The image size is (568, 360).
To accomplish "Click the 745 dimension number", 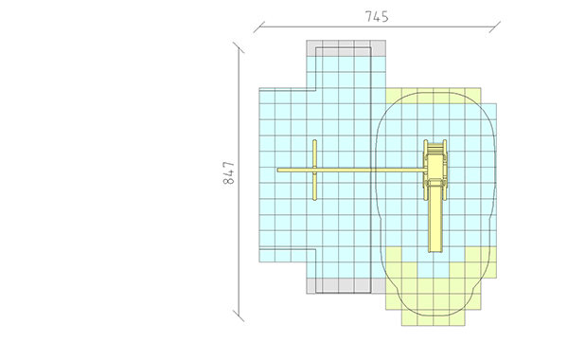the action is pyautogui.click(x=377, y=17).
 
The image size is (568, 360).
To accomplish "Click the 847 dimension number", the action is pyautogui.click(x=228, y=173).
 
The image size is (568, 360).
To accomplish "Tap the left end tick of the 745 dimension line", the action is pyautogui.click(x=259, y=27).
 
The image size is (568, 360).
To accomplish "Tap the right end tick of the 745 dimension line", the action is pyautogui.click(x=495, y=27).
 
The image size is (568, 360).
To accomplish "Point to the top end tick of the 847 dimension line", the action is pyautogui.click(x=239, y=47).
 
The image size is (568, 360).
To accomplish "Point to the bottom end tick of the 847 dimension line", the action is pyautogui.click(x=239, y=315).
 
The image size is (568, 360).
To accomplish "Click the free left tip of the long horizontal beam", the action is pyautogui.click(x=277, y=170).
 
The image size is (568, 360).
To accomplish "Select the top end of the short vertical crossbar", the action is pyautogui.click(x=315, y=140).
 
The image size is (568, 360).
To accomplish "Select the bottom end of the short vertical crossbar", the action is pyautogui.click(x=315, y=199).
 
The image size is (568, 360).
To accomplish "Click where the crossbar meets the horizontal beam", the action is pyautogui.click(x=315, y=170).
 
